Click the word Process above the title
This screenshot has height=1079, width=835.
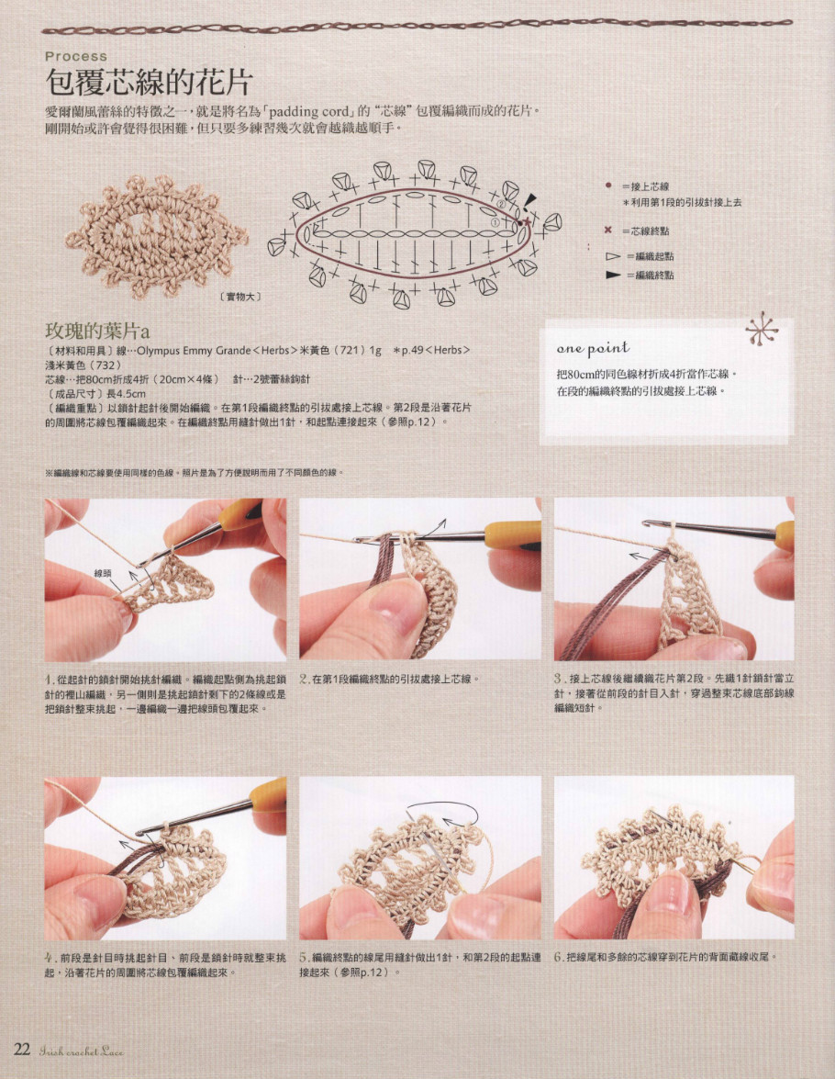pos(76,56)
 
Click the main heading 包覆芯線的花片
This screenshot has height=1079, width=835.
pos(148,82)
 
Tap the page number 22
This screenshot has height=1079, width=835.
pos(23,1050)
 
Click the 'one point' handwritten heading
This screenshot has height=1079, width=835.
pos(593,348)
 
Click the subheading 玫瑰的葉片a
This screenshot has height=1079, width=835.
pos(97,331)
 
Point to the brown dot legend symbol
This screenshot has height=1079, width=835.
pos(607,185)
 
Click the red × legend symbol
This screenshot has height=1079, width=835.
pos(607,230)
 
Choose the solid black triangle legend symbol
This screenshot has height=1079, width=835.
pos(612,275)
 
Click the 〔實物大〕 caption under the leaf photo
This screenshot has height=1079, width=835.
pos(241,296)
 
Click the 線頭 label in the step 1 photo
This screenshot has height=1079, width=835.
pos(103,572)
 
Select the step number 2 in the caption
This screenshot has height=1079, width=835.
pos(304,680)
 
